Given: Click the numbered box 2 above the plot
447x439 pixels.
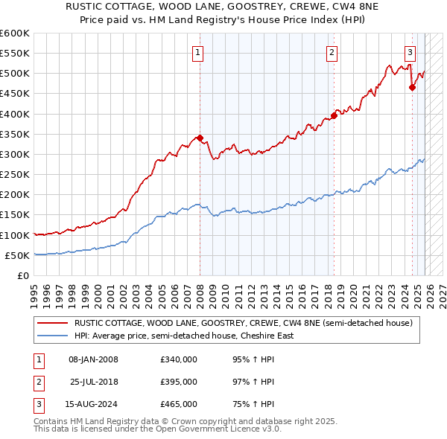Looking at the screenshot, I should [x=331, y=52].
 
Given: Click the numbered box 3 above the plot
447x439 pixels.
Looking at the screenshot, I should [x=410, y=52].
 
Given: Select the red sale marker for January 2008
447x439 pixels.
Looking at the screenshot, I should [x=200, y=138].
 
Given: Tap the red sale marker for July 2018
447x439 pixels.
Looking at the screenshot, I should [x=335, y=115].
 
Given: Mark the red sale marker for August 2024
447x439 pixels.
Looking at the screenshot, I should [x=412, y=88].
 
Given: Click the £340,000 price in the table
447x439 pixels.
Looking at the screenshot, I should [x=179, y=359].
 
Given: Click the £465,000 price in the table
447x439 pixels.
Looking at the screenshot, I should [x=179, y=404].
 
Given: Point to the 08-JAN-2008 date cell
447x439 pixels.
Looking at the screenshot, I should [x=94, y=359].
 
